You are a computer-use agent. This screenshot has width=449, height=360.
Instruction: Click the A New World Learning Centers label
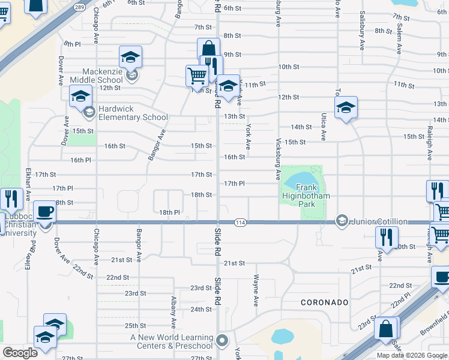[x=172, y=341]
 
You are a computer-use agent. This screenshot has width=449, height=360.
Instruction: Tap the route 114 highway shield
[x=240, y=222]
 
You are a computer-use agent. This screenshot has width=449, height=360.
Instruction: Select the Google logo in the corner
[x=20, y=352]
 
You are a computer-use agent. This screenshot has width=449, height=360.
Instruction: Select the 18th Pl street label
[x=170, y=212]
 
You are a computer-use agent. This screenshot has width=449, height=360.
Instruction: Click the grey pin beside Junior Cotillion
[x=342, y=221]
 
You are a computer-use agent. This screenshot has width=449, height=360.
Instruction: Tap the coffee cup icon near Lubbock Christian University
[x=44, y=212]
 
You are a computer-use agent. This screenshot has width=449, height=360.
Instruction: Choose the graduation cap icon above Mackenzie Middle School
[x=130, y=57]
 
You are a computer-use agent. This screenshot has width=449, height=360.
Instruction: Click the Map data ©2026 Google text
[x=412, y=355]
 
